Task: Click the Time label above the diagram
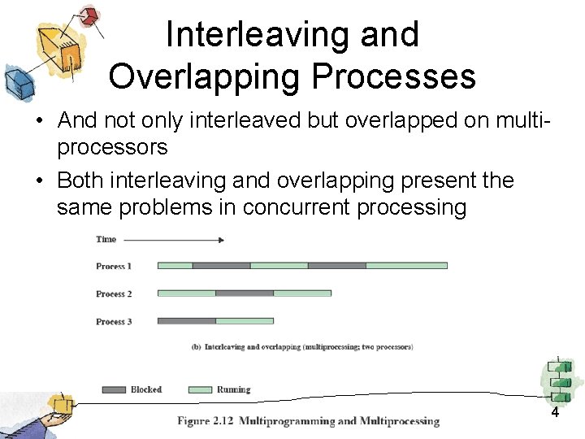106,239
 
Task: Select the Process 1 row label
113,266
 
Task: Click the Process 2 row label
113,293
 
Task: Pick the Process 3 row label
113,321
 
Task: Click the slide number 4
555,412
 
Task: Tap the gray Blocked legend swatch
114,389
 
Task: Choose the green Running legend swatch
200,389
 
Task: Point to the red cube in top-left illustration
90,15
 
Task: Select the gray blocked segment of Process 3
186,321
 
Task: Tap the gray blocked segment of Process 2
244,293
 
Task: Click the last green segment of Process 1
406,266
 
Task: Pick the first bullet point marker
39,121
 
